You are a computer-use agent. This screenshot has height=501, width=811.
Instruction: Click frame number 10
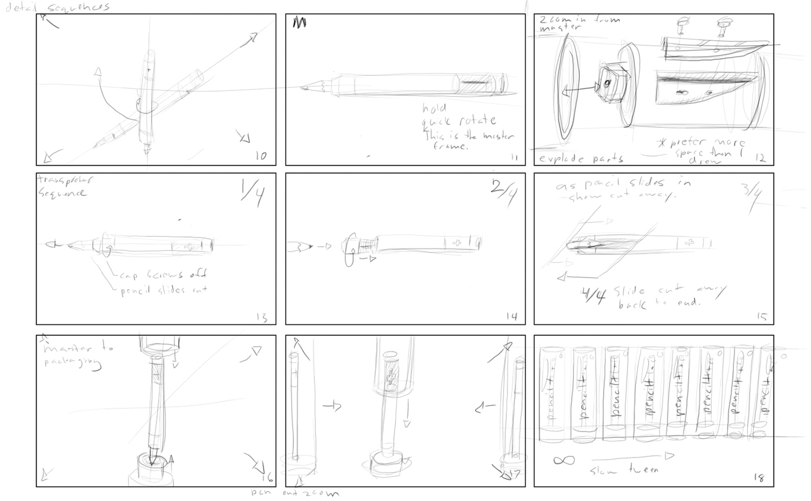pos(260,156)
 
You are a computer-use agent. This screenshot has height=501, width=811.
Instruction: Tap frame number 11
pos(513,157)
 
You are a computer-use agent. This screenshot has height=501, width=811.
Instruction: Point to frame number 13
pos(261,317)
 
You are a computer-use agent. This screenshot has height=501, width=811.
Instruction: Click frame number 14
pos(511,317)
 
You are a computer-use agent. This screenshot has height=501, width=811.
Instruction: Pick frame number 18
pos(759,478)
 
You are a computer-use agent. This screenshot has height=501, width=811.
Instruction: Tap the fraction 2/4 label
pos(502,189)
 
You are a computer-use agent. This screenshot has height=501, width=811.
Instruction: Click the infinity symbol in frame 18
pos(564,460)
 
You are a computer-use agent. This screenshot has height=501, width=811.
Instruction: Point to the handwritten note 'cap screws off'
pos(162,275)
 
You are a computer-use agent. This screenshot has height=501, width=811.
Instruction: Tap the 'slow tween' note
pos(624,470)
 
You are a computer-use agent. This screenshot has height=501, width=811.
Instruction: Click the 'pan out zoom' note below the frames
pos(294,493)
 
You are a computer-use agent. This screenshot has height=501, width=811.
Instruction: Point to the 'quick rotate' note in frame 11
pos(459,120)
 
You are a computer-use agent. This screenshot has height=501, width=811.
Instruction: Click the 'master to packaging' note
pos(78,356)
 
